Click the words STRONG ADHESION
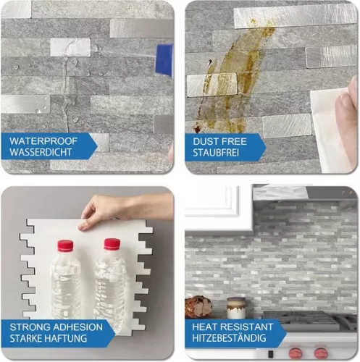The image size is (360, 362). click(56, 327)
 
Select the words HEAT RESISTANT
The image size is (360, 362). click(233, 327)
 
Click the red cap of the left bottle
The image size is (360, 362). click(65, 245)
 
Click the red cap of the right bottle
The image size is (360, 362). click(111, 244)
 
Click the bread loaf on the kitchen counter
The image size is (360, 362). click(198, 307)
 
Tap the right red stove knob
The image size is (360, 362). click(319, 354)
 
